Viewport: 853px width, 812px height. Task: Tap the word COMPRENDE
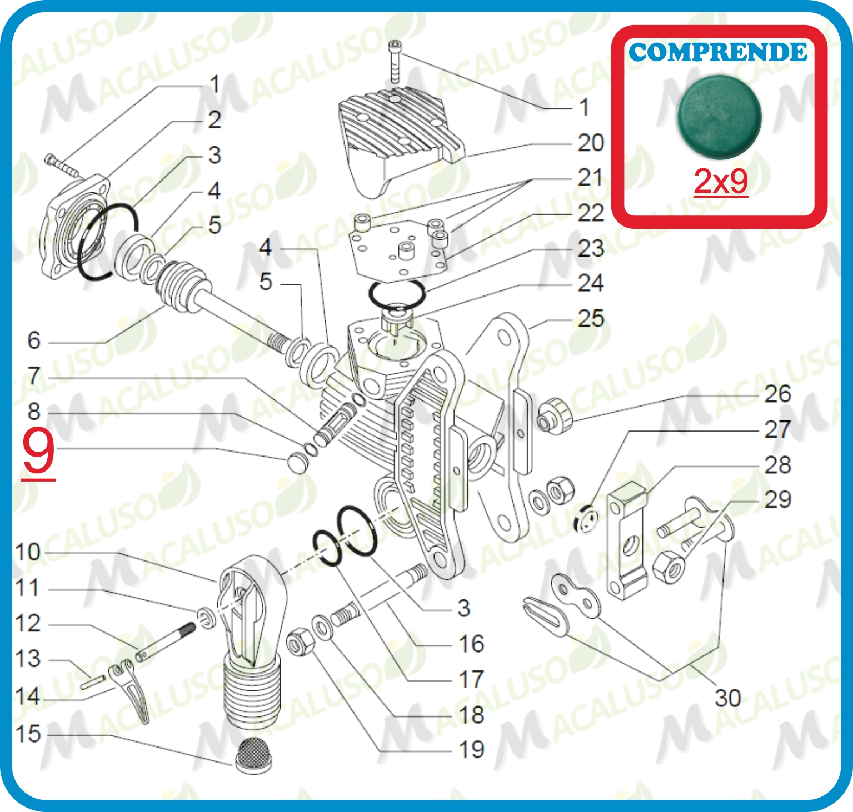(x=718, y=52)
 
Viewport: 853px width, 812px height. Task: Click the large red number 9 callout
(x=38, y=452)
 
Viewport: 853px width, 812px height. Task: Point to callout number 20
(x=590, y=143)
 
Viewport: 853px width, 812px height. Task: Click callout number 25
(x=590, y=319)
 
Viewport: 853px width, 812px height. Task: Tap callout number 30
(x=727, y=698)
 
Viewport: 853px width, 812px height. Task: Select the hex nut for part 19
(x=300, y=641)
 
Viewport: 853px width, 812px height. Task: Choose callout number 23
(x=590, y=248)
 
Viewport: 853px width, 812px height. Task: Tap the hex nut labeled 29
(x=667, y=567)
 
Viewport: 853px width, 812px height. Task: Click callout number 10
(x=28, y=552)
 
